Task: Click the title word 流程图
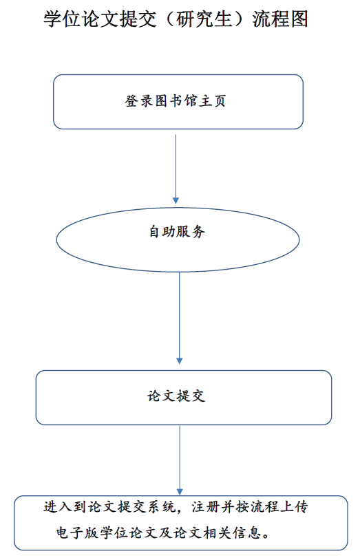[x=280, y=19]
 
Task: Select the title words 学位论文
[x=81, y=19]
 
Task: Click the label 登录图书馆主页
[x=175, y=101]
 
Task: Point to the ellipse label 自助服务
[x=178, y=232]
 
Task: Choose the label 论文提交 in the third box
[x=176, y=396]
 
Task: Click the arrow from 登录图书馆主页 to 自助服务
[x=176, y=169]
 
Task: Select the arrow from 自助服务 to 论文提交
[x=180, y=318]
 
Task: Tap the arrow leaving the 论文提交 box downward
[x=180, y=460]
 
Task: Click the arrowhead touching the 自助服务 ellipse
[x=176, y=201]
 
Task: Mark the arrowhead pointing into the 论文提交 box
[x=180, y=360]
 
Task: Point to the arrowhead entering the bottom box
[x=180, y=491]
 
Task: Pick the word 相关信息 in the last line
[x=233, y=533]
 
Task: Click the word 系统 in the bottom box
[x=162, y=507]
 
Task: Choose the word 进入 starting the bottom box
[x=59, y=507]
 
